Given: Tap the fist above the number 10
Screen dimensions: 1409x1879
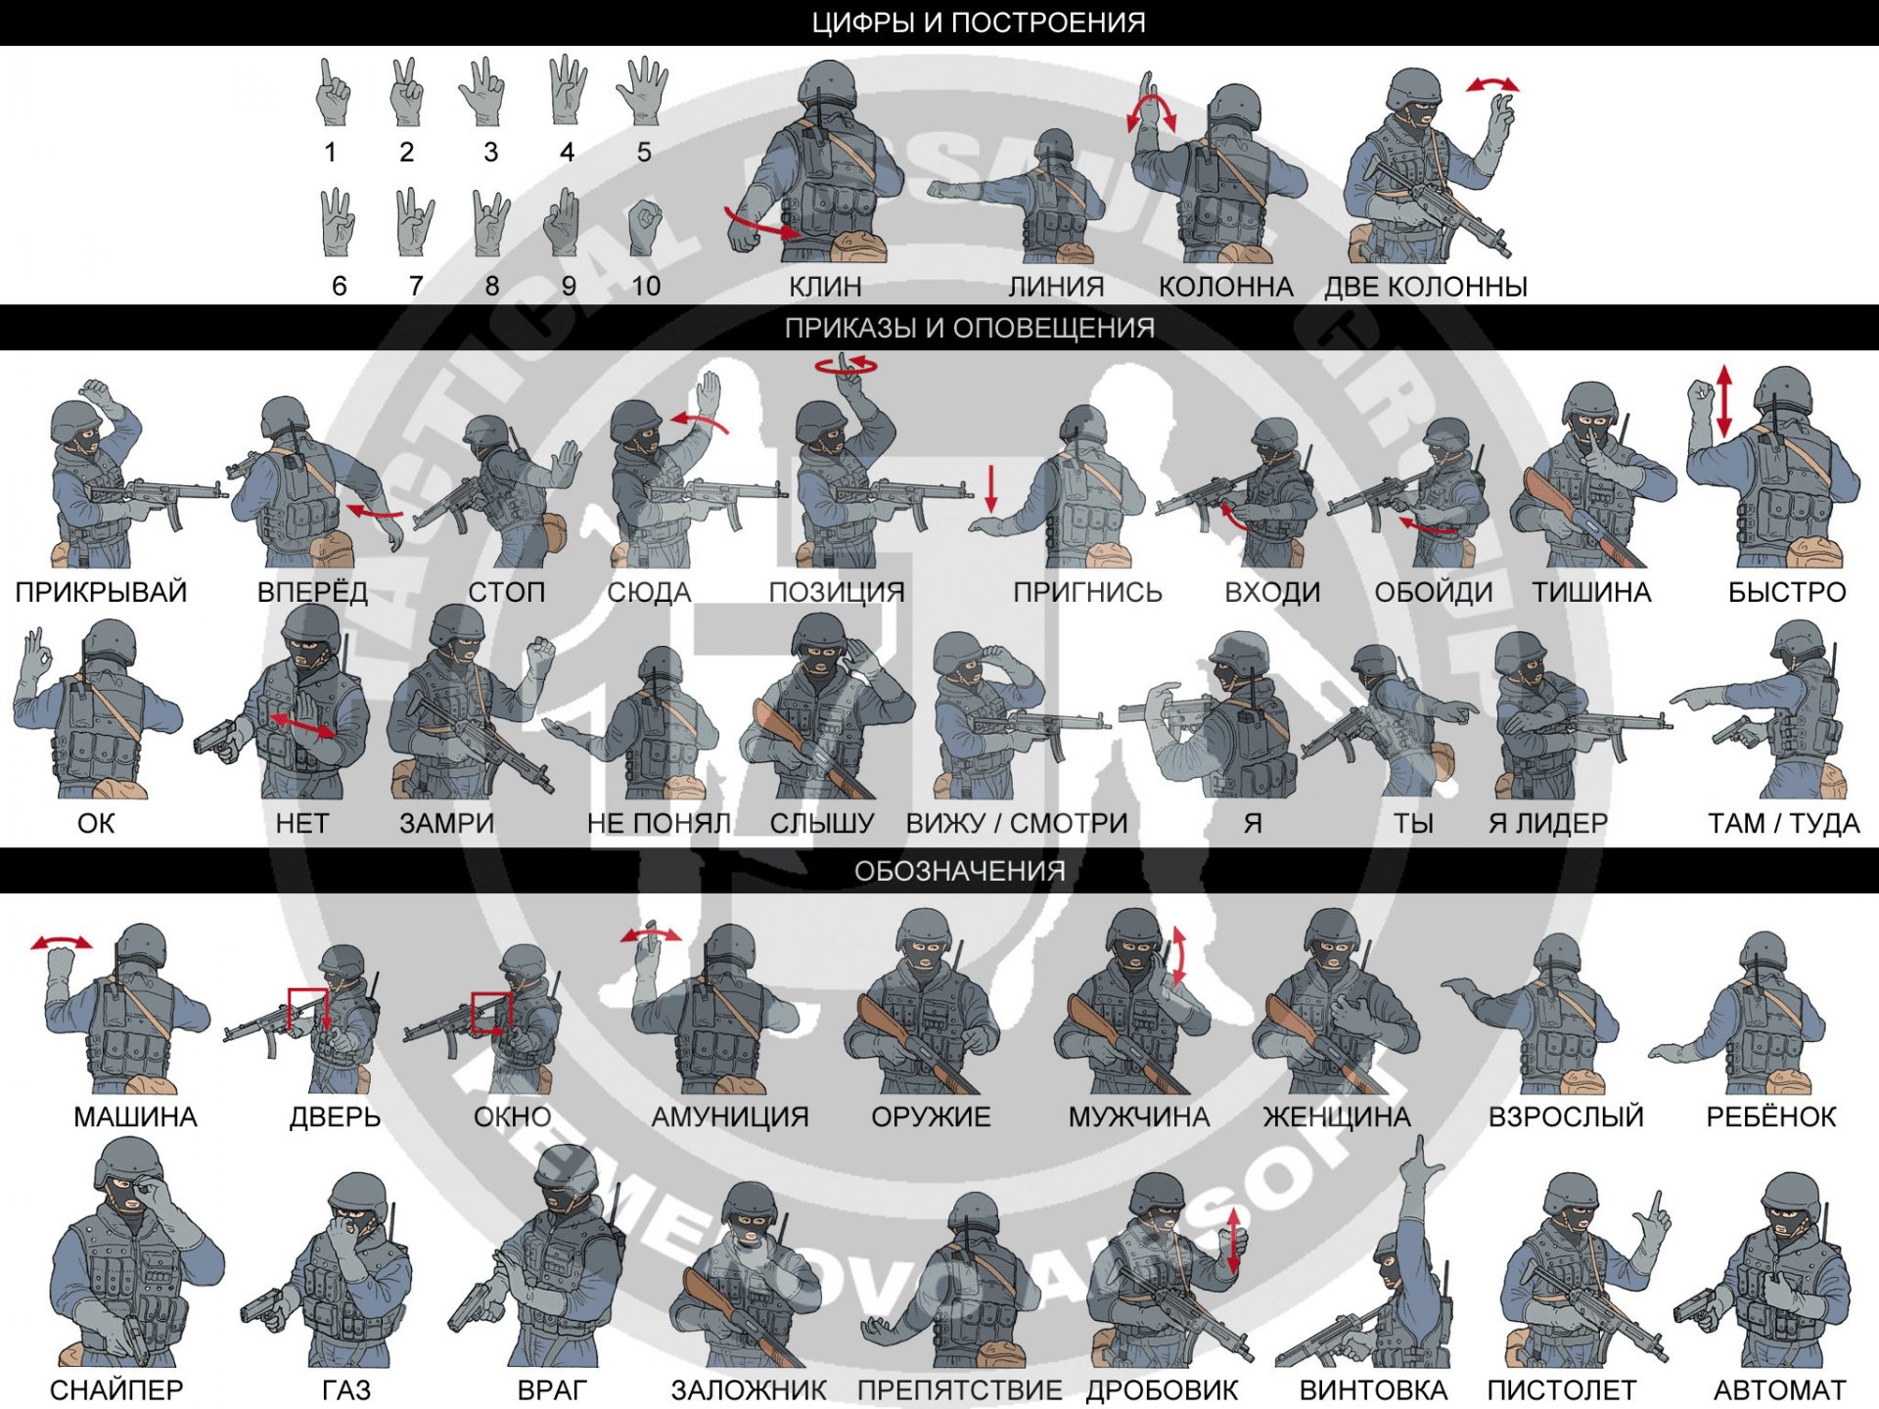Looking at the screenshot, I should tap(644, 226).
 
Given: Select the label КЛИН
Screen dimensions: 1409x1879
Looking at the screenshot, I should tap(825, 287).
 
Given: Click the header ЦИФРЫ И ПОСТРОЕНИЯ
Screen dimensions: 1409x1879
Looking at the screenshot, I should tap(978, 23).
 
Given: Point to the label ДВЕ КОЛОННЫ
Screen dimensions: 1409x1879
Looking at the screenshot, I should tap(1425, 287).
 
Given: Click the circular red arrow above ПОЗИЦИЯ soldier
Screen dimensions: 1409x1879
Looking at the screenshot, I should tap(847, 366).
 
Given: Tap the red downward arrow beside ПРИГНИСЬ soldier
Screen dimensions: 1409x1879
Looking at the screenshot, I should tap(991, 488).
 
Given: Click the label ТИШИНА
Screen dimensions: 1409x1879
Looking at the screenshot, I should tap(1591, 592).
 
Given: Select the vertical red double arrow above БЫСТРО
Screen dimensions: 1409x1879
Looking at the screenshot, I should tap(1724, 400).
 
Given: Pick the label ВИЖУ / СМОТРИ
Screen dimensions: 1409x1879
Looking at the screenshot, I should tap(1017, 823).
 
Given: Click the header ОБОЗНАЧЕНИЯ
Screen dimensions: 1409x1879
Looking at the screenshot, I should tap(959, 871).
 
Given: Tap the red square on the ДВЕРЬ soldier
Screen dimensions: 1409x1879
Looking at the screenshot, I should tap(307, 1010).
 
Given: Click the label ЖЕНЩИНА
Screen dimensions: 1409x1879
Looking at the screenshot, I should tap(1337, 1116).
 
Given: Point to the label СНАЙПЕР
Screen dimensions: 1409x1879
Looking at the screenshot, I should tap(116, 1389).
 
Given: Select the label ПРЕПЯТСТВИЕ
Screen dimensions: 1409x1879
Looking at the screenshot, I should tap(959, 1389).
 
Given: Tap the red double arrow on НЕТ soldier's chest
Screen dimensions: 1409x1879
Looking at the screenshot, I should tap(302, 726).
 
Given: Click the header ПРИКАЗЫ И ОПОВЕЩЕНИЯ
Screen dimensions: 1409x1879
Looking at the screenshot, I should tap(969, 328).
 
